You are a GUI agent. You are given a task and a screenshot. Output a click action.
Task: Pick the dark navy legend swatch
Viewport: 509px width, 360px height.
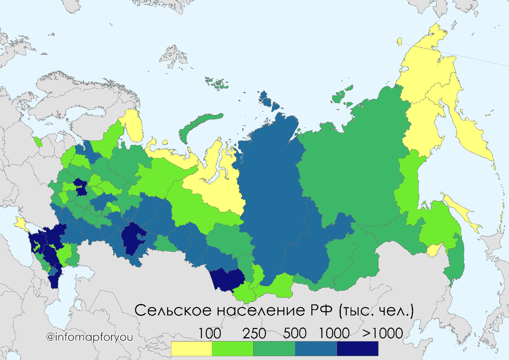click(x=357, y=349)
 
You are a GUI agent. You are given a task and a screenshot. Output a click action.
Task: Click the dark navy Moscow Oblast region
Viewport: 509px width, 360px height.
click(x=80, y=187)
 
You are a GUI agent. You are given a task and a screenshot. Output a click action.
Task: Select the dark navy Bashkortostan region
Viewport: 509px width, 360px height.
click(x=133, y=239)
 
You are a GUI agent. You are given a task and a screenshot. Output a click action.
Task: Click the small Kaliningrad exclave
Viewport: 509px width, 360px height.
click(x=37, y=141)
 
